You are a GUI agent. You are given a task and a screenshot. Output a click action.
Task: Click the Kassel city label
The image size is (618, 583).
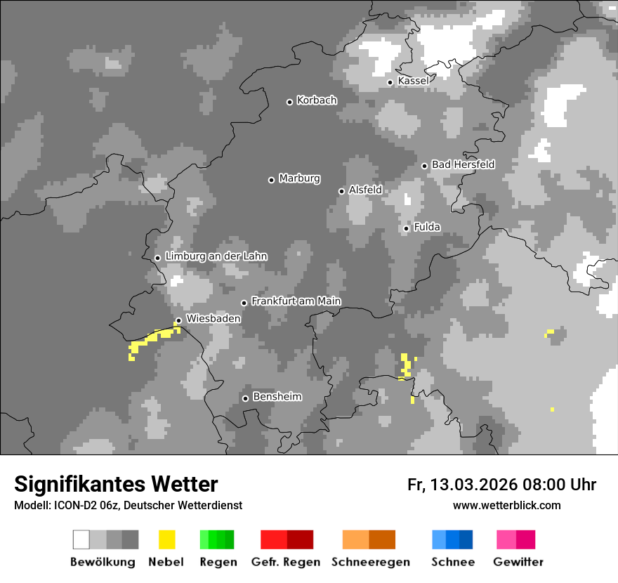click(413, 81)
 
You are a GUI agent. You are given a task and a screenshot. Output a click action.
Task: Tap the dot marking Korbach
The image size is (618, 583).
click(289, 102)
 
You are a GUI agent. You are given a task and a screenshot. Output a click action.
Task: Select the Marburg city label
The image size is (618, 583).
click(299, 178)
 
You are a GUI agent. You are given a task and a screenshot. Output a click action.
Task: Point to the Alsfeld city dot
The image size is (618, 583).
click(341, 191)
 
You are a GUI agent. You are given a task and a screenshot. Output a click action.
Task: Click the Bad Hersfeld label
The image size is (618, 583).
click(463, 164)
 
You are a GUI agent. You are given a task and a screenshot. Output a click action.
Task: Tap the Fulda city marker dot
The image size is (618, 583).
click(406, 228)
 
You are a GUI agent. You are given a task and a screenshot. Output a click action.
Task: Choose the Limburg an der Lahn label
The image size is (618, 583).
click(216, 256)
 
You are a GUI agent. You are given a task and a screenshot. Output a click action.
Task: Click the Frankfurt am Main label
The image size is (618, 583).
click(296, 301)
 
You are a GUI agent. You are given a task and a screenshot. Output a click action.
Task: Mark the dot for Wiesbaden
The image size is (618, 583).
click(178, 320)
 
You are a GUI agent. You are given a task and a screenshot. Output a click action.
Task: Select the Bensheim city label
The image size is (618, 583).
click(277, 397)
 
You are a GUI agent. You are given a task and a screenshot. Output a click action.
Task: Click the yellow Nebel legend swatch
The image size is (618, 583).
click(166, 539)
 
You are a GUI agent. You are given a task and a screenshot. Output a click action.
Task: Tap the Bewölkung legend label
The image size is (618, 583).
click(103, 562)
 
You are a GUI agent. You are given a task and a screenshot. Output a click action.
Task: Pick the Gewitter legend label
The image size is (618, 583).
click(518, 562)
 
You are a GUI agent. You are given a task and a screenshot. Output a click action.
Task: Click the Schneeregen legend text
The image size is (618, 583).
click(370, 562)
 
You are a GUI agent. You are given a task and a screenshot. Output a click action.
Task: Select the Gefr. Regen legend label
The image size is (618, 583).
click(285, 562)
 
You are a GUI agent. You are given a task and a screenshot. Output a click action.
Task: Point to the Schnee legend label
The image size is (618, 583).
click(453, 562)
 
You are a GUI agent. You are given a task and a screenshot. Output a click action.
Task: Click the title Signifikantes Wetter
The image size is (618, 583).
click(116, 484)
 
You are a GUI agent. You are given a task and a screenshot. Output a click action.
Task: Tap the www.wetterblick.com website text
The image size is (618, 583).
click(506, 505)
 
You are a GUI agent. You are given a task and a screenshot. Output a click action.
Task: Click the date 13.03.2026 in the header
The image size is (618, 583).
click(474, 485)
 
